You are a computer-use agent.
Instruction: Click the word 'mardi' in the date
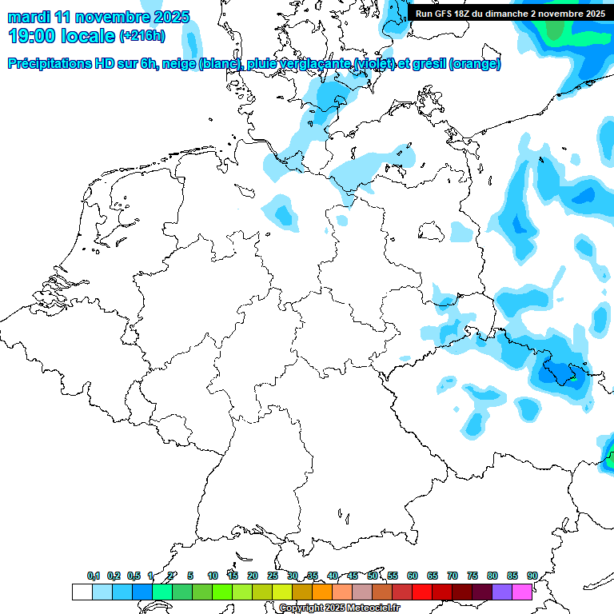[x=28, y=17]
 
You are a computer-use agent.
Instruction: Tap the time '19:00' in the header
[x=31, y=36]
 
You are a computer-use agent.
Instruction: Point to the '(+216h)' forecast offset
[x=143, y=36]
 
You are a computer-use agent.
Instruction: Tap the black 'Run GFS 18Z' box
[x=509, y=13]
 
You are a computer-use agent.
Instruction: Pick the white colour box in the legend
[x=82, y=592]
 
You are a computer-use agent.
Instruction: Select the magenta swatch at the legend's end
[x=522, y=592]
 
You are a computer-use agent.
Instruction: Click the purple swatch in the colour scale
[x=502, y=592]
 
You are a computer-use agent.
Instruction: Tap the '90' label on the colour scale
[x=532, y=576]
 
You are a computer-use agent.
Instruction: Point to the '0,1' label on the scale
[x=94, y=576]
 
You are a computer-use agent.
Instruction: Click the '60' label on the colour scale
[x=413, y=576]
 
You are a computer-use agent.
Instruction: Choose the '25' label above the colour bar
[x=273, y=576]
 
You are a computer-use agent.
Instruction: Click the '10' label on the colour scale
[x=213, y=576]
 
